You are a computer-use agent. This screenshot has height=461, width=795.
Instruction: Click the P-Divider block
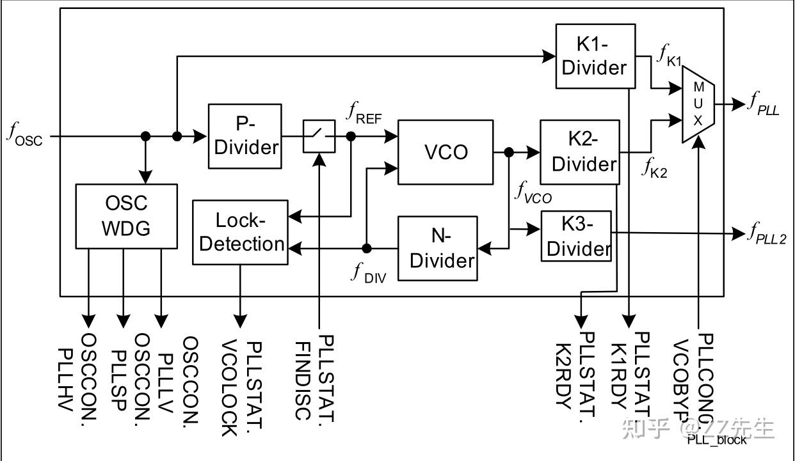[245, 136]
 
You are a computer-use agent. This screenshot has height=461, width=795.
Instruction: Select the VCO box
[446, 152]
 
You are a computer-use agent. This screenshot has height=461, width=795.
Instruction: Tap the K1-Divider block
[595, 56]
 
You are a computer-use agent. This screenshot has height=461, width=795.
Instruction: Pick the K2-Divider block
[580, 152]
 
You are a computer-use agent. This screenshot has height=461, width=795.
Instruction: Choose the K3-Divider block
[577, 235]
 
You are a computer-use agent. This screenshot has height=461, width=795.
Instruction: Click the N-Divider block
[438, 248]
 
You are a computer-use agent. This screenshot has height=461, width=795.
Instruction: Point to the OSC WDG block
[126, 216]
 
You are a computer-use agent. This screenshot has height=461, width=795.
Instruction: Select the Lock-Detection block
[240, 232]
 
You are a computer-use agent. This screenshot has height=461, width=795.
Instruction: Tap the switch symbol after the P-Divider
[319, 136]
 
